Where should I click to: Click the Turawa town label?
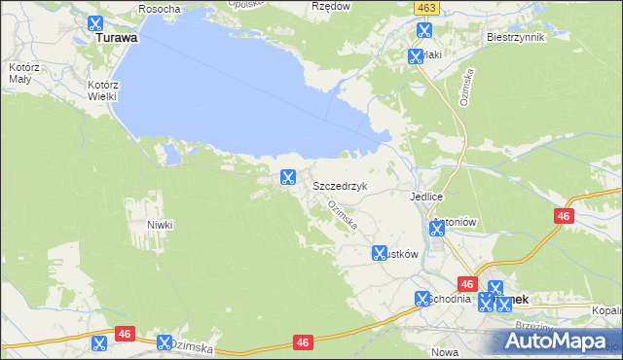click(x=115, y=39)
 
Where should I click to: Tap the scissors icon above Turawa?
click(x=94, y=23)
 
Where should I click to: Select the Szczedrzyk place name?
click(x=340, y=184)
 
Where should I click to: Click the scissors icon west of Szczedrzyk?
click(x=287, y=177)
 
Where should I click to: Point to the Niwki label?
click(x=160, y=225)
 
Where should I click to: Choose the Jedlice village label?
click(x=426, y=196)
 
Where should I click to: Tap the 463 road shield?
click(x=423, y=7)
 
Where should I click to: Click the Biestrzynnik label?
click(x=514, y=37)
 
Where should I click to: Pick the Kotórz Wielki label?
click(x=101, y=90)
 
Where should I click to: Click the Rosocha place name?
click(x=160, y=8)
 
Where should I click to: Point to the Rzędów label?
click(x=329, y=6)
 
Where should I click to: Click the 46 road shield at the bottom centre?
click(x=303, y=342)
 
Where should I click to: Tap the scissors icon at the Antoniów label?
click(x=437, y=229)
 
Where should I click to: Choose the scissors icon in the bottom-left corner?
click(x=97, y=343)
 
